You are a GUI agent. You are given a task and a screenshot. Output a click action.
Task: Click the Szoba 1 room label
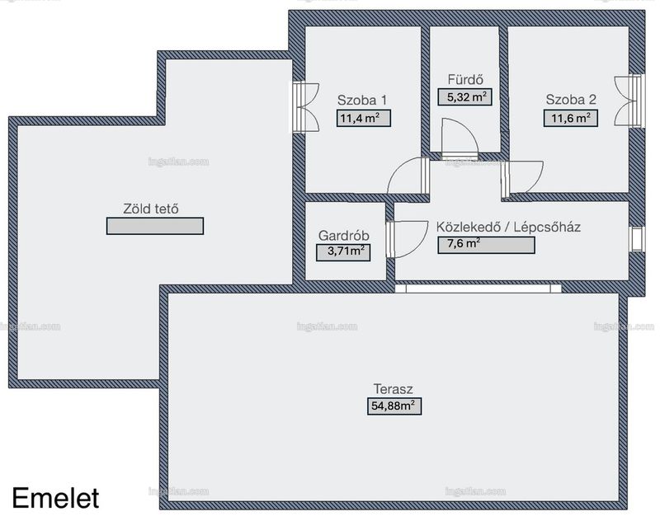tap(361, 100)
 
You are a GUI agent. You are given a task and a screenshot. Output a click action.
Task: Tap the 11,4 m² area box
tap(363, 118)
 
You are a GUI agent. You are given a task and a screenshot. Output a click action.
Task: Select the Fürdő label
tap(465, 79)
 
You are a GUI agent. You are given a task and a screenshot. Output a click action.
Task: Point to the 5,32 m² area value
tap(464, 97)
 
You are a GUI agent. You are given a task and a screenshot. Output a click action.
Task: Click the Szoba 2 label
tap(571, 100)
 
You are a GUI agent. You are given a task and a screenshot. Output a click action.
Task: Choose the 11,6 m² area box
tap(570, 118)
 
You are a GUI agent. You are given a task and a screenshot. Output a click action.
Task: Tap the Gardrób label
tap(343, 236)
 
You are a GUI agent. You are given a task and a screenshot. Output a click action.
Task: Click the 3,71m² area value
tap(343, 252)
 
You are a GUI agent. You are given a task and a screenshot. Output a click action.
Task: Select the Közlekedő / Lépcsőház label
tap(508, 227)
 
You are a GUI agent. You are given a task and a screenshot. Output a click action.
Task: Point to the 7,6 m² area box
tap(486, 245)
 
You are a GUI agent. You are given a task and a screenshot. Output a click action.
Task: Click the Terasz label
tap(394, 388)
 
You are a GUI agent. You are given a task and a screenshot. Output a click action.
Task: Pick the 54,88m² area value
tap(394, 406)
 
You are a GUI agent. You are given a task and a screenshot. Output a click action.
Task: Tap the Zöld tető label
tap(151, 209)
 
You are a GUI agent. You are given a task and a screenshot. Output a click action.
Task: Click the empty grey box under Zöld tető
tap(155, 226)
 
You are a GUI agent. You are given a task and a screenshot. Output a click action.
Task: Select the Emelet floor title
tap(55, 498)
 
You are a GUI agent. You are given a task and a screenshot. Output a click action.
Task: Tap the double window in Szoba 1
tap(305, 107)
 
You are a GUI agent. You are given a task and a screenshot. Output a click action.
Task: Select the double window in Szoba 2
tap(629, 100)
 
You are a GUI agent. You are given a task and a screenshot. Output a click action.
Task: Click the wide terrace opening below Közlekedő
tap(478, 289)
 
